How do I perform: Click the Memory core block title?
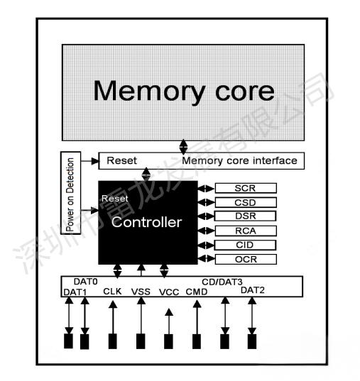pyautogui.click(x=184, y=91)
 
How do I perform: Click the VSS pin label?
pyautogui.click(x=141, y=291)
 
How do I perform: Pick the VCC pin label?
pyautogui.click(x=169, y=291)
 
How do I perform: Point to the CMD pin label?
pyautogui.click(x=196, y=291)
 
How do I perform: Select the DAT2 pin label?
pyautogui.click(x=253, y=289)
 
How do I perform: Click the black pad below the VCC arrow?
pyautogui.click(x=168, y=341)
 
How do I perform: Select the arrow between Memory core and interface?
pyautogui.click(x=184, y=146)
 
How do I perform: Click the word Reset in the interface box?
pyautogui.click(x=121, y=161)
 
